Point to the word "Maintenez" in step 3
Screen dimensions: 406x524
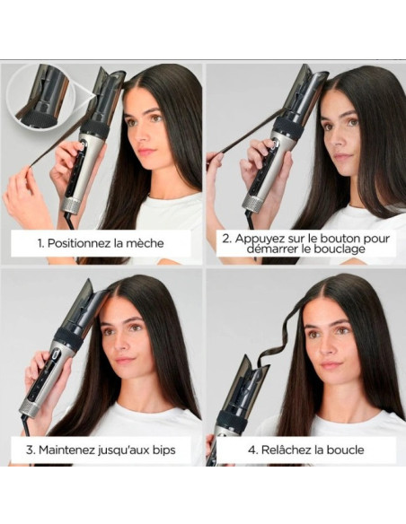click(66, 450)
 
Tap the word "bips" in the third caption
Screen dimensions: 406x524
click(163, 450)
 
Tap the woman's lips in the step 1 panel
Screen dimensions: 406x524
click(145, 152)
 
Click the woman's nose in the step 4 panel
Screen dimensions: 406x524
click(326, 347)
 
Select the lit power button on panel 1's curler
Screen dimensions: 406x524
click(83, 145)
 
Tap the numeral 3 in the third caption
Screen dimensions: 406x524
click(30, 450)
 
